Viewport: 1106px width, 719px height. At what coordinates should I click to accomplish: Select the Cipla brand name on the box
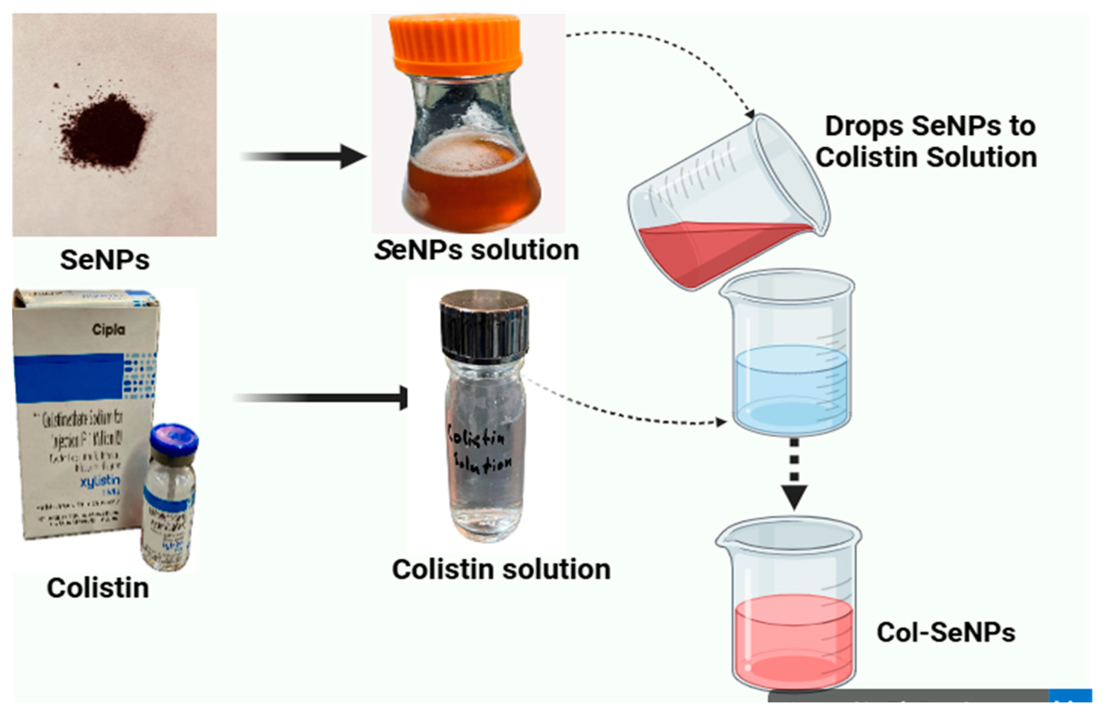[x=108, y=330]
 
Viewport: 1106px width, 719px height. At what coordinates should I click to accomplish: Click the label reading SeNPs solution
[x=477, y=250]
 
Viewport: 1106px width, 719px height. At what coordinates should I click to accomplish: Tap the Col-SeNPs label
[x=946, y=633]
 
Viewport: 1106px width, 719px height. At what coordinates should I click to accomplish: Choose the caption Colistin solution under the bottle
[x=501, y=569]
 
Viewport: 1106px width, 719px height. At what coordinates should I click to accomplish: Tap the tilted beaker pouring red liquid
[x=725, y=205]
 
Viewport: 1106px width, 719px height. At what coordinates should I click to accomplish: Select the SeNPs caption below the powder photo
[x=105, y=260]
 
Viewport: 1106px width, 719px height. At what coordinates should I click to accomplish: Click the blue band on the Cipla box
[x=70, y=377]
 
